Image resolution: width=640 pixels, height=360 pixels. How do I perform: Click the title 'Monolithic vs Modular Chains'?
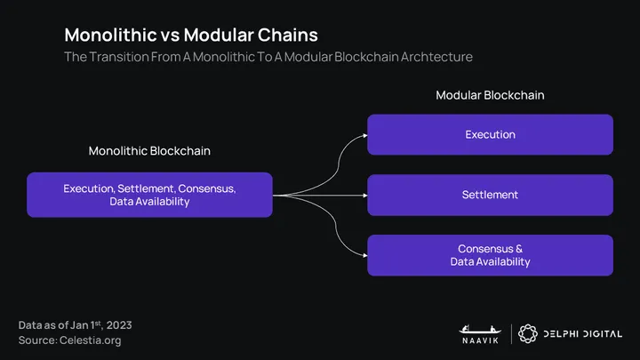pyautogui.click(x=191, y=35)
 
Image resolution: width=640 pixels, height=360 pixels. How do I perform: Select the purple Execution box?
pyautogui.click(x=490, y=135)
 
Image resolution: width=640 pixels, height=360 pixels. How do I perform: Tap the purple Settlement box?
pyautogui.click(x=490, y=195)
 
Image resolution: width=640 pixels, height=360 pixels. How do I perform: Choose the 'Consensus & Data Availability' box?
pyautogui.click(x=490, y=255)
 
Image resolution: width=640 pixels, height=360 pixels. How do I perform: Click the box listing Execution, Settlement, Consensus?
pyautogui.click(x=149, y=196)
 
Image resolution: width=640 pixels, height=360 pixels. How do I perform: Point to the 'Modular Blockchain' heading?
pyautogui.click(x=490, y=95)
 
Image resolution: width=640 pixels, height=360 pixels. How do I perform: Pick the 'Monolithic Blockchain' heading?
pyautogui.click(x=149, y=151)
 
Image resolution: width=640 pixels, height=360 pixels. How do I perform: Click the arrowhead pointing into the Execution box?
pyautogui.click(x=364, y=135)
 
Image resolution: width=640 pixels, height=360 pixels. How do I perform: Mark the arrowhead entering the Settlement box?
pyautogui.click(x=364, y=195)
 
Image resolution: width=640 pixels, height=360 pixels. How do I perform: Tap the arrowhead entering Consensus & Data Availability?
pyautogui.click(x=364, y=255)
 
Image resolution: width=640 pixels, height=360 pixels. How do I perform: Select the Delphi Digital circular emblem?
pyautogui.click(x=529, y=332)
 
